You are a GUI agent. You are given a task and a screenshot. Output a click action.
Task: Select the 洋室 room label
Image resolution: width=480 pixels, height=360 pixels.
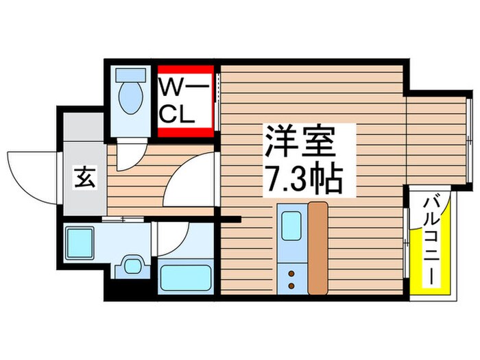tap(300, 142)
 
